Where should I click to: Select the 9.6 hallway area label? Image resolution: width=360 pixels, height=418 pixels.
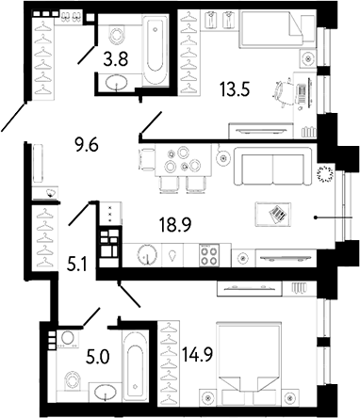point(89,145)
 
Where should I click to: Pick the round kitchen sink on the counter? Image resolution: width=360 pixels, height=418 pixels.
point(147,255)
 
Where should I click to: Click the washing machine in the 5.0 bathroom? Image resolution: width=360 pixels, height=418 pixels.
point(67,340)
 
